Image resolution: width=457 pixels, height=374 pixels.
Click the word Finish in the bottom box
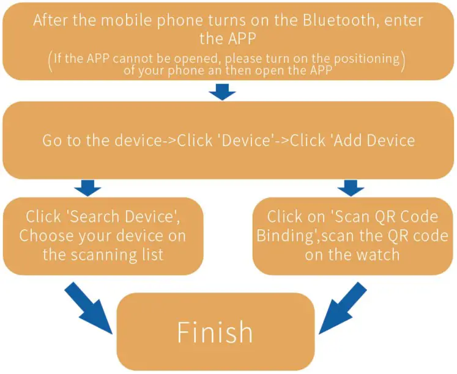coord(215,332)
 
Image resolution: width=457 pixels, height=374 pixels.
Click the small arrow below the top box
coord(223,92)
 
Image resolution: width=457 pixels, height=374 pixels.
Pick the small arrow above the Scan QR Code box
coord(351,187)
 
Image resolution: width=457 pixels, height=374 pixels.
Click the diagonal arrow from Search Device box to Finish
coord(91,308)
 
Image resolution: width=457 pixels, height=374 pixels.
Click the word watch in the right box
coord(379,255)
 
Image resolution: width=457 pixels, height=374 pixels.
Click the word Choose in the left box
coord(46,236)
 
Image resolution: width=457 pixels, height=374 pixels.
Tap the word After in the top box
coord(53,20)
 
